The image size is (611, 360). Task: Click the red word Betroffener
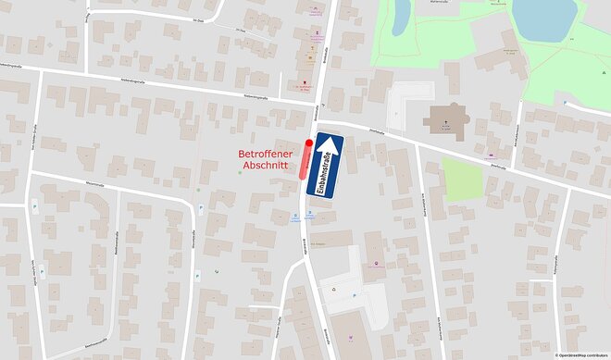click(266, 154)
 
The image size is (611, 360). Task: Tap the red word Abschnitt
click(266, 168)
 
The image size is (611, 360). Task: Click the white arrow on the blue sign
click(325, 152)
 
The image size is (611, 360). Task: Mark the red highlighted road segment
click(305, 156)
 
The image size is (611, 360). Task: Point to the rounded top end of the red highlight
click(308, 143)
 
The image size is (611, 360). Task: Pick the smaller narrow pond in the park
click(402, 16)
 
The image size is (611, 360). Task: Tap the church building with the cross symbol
click(448, 120)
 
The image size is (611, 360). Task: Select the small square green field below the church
click(462, 179)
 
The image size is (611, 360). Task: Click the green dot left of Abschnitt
click(240, 172)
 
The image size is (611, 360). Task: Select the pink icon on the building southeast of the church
click(491, 155)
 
